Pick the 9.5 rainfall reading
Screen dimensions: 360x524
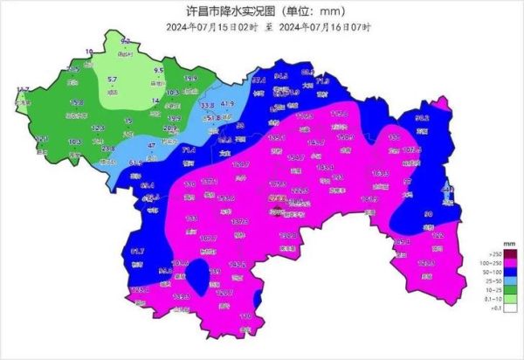pyautogui.click(x=159, y=70)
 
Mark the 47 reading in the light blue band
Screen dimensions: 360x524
pyautogui.click(x=150, y=145)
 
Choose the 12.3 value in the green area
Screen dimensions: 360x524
pyautogui.click(x=98, y=128)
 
